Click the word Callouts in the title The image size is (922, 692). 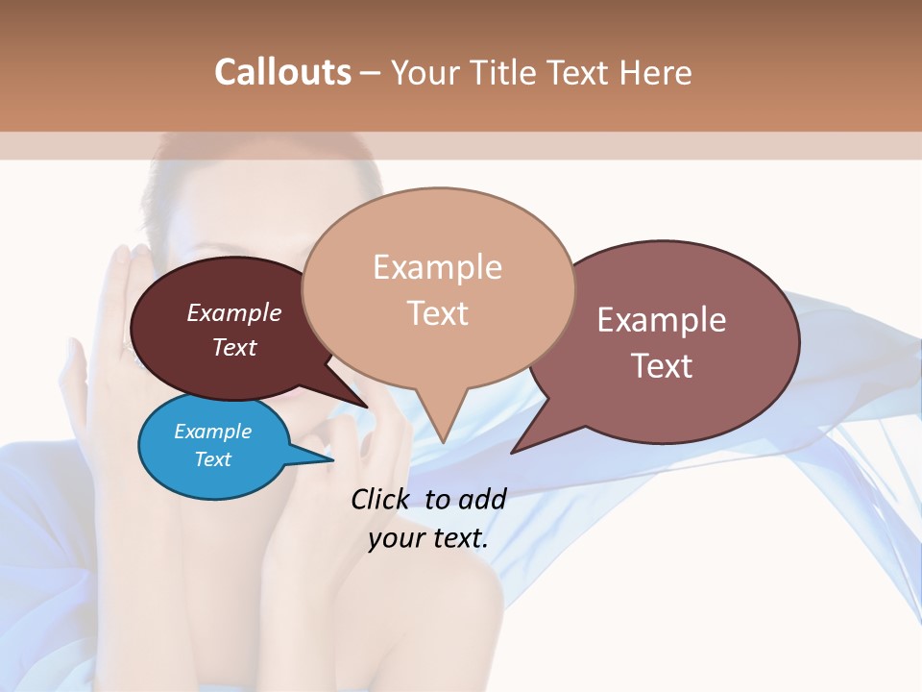point(282,72)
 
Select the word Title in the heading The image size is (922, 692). point(509,72)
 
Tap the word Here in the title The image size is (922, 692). point(657,72)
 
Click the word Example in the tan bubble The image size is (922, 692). point(438,267)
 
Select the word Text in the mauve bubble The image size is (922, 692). point(662,366)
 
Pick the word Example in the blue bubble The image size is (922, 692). point(213,432)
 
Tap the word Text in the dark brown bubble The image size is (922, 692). point(234,347)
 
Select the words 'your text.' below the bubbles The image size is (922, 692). point(428,537)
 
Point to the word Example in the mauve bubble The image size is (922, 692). point(662,320)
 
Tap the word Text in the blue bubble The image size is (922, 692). point(213,459)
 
